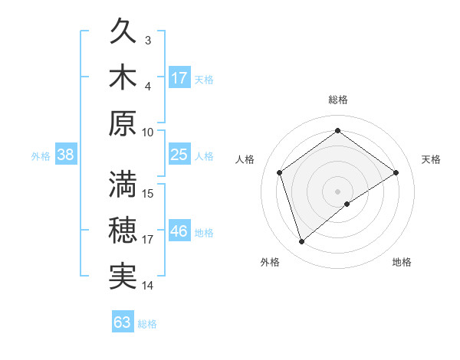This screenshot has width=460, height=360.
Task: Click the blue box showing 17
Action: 179,78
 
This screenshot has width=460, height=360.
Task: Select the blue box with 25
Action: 179,155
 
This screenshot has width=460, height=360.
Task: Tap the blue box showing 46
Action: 179,231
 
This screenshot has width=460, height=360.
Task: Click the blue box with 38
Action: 65,155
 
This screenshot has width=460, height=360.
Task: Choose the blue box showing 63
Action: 123,322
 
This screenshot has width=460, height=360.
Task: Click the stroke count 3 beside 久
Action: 148,40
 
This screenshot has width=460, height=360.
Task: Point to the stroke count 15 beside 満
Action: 149,193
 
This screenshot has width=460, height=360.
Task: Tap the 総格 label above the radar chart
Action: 337,100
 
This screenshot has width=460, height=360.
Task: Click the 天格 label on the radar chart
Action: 431,159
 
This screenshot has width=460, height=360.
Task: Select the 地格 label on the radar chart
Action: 402,262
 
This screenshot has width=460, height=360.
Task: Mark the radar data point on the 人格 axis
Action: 280,172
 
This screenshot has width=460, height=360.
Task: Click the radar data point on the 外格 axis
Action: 301,242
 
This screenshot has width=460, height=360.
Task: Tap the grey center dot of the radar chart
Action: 337,190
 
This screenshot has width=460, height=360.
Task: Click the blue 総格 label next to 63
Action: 147,324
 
